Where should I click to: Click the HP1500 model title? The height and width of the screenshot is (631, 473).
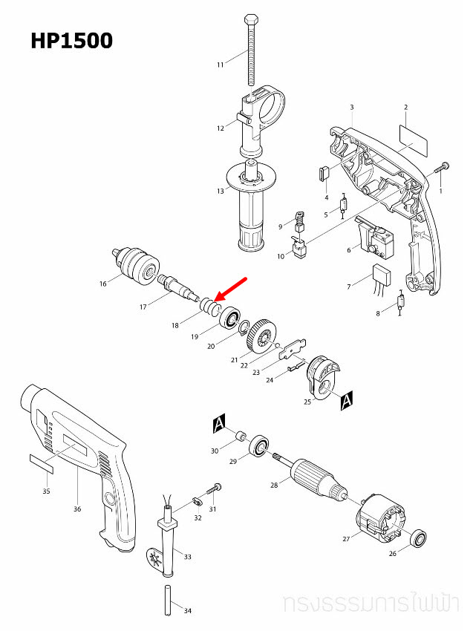point(72,40)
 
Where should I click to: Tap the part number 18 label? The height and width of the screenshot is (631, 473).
point(175,325)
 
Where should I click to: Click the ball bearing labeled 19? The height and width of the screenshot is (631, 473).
point(228,318)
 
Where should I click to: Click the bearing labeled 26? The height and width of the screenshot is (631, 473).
point(420,539)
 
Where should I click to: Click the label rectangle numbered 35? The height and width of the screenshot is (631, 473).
point(42,464)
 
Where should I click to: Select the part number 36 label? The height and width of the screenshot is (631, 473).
point(77,509)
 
